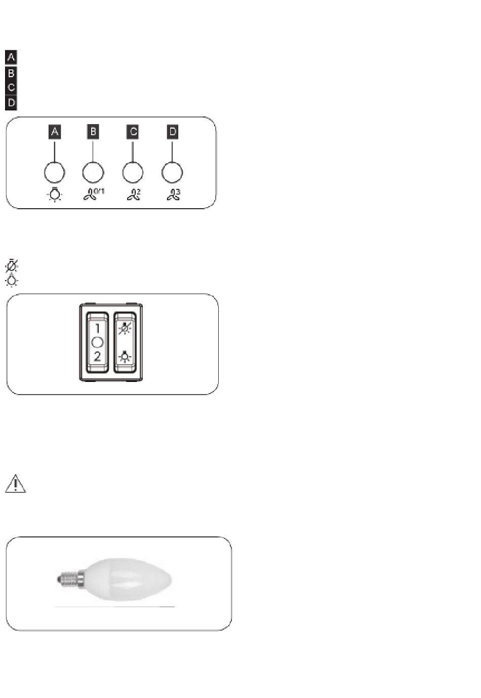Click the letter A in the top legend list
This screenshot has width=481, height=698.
point(11,57)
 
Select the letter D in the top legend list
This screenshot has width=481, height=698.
point(11,102)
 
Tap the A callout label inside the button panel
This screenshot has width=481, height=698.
point(55,132)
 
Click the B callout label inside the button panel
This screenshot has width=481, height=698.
point(93,132)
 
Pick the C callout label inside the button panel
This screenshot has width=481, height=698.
point(133,132)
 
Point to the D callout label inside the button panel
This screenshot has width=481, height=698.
point(172,132)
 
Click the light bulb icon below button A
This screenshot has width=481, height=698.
point(55,195)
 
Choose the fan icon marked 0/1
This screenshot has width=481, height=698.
point(94,194)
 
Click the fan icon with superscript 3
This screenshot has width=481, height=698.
point(174,195)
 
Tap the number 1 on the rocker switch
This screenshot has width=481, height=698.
point(97,328)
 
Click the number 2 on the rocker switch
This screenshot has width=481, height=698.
point(97,356)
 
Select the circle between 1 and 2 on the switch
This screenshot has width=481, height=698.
point(97,342)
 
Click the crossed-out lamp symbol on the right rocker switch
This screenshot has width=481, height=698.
point(125,328)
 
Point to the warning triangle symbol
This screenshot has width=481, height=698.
point(16,483)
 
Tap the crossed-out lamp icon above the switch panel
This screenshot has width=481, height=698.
point(12,266)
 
